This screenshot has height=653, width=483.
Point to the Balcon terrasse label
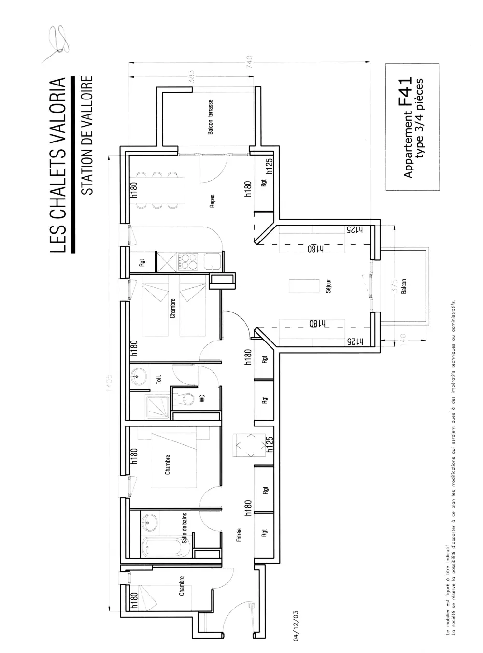pyautogui.click(x=211, y=117)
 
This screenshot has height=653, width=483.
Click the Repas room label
pyautogui.click(x=212, y=201)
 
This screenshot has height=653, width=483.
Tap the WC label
pyautogui.click(x=202, y=398)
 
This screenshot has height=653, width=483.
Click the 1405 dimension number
pyautogui.click(x=110, y=383)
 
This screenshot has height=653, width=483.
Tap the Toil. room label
pyautogui.click(x=159, y=380)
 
